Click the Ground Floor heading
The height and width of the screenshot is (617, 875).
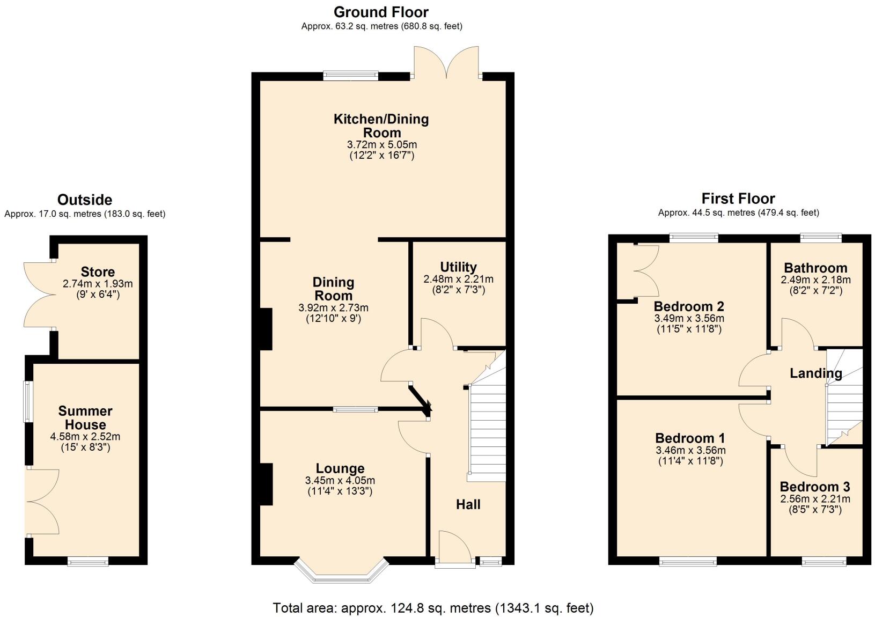(x=381, y=12)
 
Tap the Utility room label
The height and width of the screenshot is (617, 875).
(x=458, y=267)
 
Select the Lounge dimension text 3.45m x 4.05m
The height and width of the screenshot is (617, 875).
(x=340, y=480)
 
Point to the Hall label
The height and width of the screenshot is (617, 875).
(x=468, y=504)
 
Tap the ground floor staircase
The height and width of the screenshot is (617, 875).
(x=487, y=429)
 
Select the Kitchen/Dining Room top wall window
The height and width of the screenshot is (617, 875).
(x=350, y=76)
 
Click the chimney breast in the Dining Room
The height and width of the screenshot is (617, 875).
(x=266, y=329)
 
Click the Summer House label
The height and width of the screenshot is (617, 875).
(x=85, y=417)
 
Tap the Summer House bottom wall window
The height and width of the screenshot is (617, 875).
(x=87, y=561)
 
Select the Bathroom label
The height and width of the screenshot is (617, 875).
(x=815, y=268)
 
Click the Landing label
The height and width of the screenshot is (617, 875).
(x=815, y=373)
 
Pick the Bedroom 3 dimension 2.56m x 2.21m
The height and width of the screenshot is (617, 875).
(x=815, y=498)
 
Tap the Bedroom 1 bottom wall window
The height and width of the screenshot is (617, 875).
(x=688, y=561)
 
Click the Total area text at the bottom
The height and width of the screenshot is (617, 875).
(x=433, y=608)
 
